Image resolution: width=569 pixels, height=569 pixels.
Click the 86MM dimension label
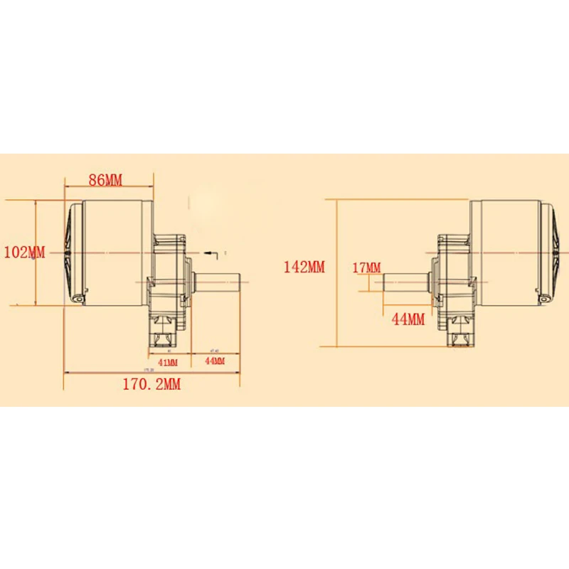tap(105, 179)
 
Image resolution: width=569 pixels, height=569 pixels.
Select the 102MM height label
tap(24, 252)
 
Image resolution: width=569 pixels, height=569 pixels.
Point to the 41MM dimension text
tap(168, 361)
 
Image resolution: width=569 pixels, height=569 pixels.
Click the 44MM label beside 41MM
tap(214, 361)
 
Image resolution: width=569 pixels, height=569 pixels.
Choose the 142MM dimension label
tap(304, 267)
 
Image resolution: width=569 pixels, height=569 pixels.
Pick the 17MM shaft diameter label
tap(366, 267)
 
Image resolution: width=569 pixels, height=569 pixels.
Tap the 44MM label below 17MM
tap(408, 319)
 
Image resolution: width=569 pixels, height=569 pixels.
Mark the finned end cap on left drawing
tap(73, 252)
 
